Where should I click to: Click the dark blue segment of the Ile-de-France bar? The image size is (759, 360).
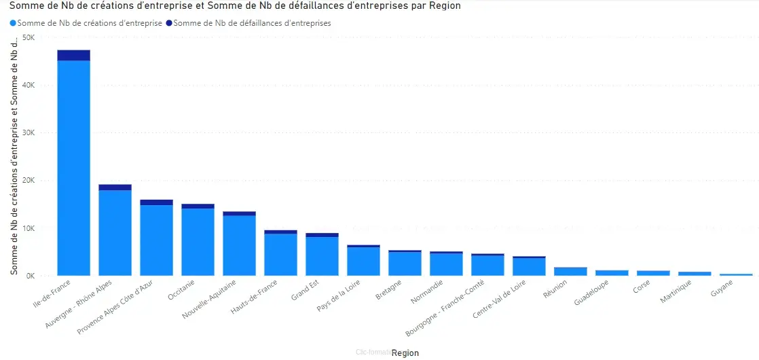(73, 55)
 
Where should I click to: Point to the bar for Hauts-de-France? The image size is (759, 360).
(280, 255)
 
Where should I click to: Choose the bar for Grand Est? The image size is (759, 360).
(322, 256)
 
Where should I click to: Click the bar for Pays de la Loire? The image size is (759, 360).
(363, 262)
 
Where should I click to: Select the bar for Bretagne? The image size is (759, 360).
(405, 264)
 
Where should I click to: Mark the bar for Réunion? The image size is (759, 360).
(570, 271)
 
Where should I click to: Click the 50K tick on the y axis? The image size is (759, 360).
(29, 37)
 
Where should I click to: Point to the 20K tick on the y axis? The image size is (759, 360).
(29, 181)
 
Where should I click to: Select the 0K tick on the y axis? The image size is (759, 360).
(31, 276)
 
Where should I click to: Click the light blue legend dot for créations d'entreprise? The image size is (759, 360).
(13, 23)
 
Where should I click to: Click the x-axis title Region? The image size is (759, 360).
(405, 353)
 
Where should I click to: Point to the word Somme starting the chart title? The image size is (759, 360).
(24, 6)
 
